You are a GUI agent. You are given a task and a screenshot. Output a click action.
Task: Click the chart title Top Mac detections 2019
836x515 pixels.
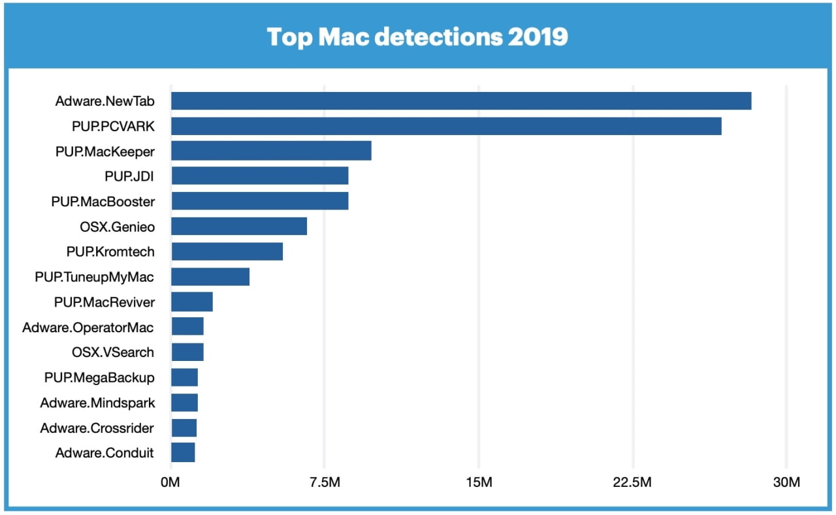click(x=417, y=37)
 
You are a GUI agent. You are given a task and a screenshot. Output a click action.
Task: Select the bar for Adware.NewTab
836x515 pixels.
click(x=461, y=101)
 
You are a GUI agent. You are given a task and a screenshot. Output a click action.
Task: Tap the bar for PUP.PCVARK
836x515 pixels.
click(x=446, y=126)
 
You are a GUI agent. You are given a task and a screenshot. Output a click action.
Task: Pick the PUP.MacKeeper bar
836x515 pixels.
click(x=271, y=151)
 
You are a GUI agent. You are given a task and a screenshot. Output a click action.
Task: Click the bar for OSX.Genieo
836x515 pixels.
click(x=239, y=226)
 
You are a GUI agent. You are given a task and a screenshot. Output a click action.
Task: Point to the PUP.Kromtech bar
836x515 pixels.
click(x=227, y=251)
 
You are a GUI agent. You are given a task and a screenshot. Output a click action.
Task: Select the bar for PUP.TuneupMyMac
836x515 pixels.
click(x=210, y=277)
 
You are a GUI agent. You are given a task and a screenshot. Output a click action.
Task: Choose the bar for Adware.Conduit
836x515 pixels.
click(x=183, y=452)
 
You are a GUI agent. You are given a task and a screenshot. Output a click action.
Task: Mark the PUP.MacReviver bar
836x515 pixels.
click(x=192, y=302)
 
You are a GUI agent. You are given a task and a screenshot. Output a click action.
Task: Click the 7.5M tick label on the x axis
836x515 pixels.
click(x=325, y=483)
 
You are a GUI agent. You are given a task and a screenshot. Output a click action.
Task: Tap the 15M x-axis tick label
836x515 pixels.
click(x=479, y=483)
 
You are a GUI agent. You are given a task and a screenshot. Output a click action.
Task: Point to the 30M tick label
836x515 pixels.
click(x=786, y=483)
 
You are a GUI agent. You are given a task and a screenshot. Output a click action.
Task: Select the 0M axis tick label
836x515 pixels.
click(x=170, y=483)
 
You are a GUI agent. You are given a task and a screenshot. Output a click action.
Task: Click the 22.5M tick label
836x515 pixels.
click(x=633, y=483)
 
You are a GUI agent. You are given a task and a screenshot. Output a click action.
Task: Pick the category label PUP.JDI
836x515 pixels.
click(x=129, y=176)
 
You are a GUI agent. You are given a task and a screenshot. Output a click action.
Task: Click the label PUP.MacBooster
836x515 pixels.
click(x=103, y=201)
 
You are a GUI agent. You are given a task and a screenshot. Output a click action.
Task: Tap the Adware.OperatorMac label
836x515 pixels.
click(x=88, y=327)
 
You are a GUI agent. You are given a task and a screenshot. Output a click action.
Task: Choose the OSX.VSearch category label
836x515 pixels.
click(x=113, y=352)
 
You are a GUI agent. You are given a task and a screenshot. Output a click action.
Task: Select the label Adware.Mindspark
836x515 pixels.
click(x=97, y=403)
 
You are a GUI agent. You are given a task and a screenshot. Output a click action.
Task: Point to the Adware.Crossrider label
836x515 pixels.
click(x=97, y=428)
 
